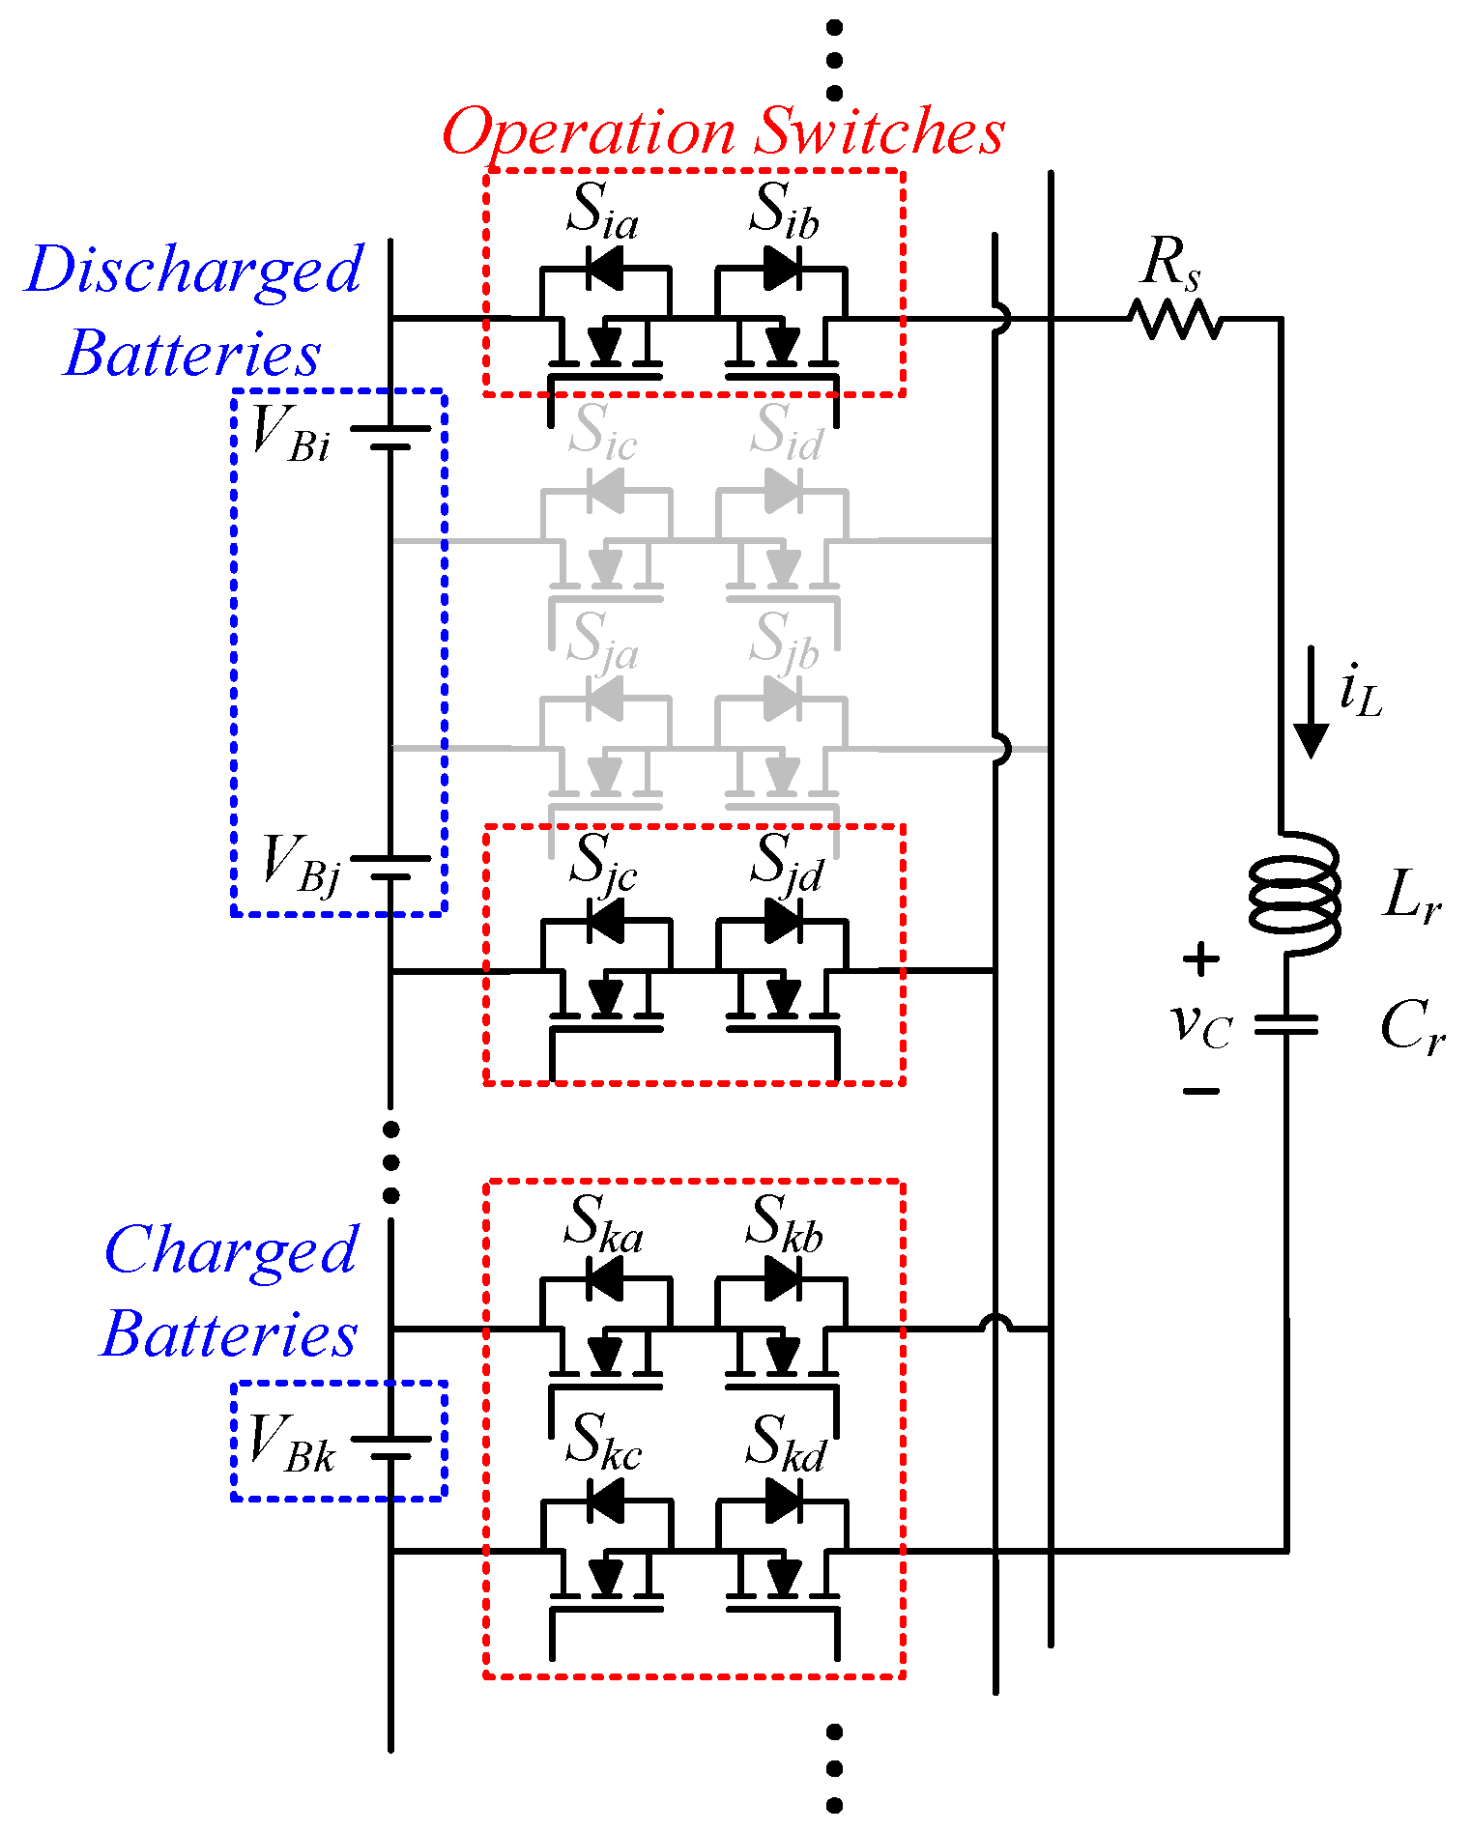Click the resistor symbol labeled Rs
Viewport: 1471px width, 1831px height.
[1175, 318]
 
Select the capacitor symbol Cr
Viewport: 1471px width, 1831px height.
[1286, 1024]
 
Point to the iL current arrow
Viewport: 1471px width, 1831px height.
[1311, 701]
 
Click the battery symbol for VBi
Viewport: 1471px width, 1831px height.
[390, 437]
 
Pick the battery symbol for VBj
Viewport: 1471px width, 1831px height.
[390, 867]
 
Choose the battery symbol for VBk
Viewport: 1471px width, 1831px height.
[390, 1447]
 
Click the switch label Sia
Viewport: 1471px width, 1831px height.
[602, 211]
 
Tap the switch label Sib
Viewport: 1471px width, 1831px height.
[784, 211]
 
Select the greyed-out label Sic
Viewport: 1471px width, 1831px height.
[602, 431]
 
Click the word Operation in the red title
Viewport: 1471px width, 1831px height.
[589, 133]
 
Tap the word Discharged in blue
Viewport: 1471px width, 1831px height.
[194, 271]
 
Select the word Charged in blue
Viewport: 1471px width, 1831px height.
[231, 1252]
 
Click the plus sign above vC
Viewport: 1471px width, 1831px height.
[1200, 959]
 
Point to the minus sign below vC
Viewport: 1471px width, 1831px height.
[1200, 1091]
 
